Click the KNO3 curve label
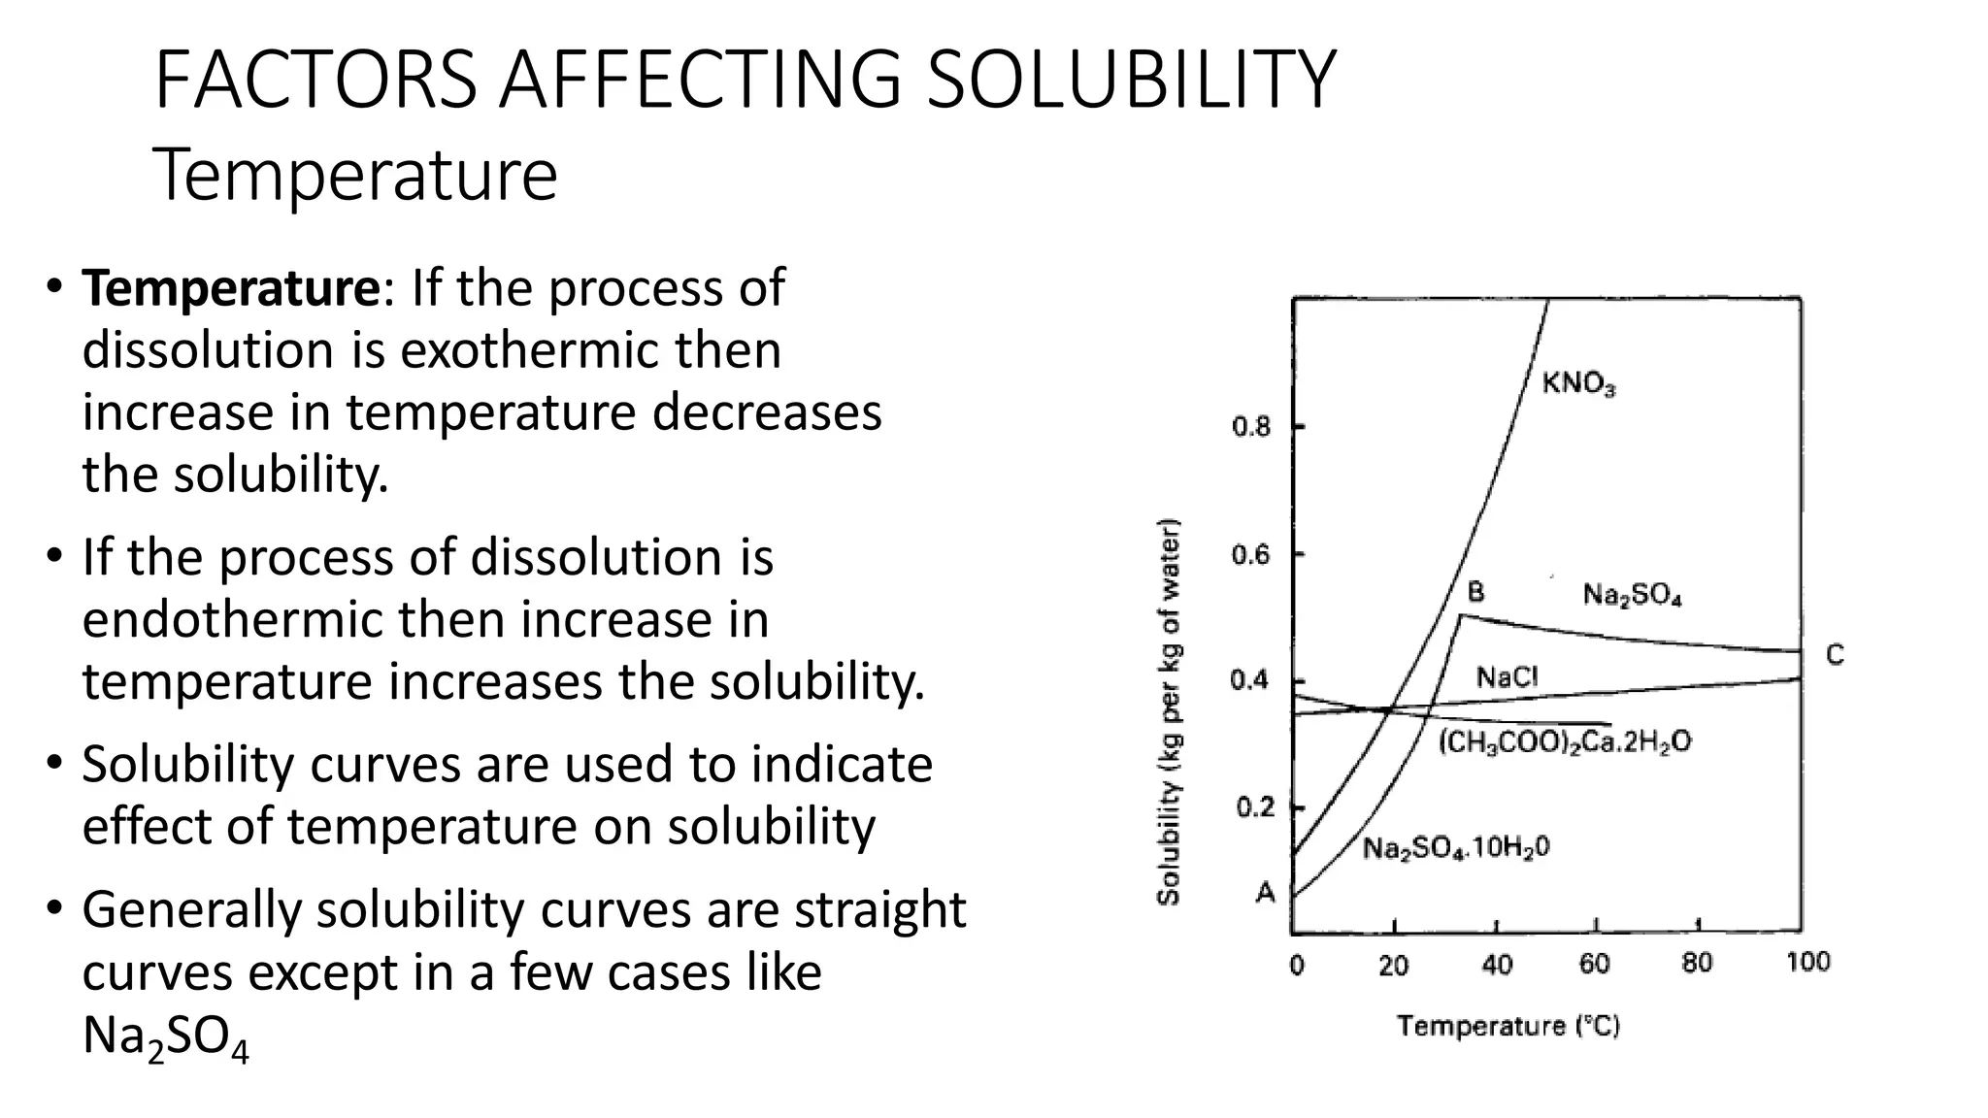point(1578,384)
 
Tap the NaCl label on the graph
point(1507,677)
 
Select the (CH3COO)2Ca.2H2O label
point(1564,742)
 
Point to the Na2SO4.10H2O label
point(1456,848)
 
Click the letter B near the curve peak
point(1474,592)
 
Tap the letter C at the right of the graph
point(1834,656)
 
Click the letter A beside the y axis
point(1265,892)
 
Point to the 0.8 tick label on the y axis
point(1250,427)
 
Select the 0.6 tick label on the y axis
point(1250,555)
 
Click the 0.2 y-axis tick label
point(1254,807)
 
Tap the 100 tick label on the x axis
point(1807,963)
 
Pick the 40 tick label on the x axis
point(1497,965)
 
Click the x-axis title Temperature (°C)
point(1508,1026)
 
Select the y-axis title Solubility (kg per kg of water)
point(1170,713)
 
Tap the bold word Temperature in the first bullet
point(231,288)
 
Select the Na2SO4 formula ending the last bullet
point(165,1036)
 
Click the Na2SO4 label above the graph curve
point(1632,595)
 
